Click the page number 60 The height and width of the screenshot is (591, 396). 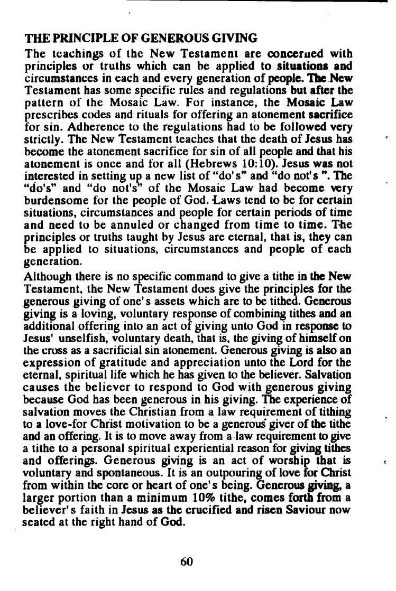pyautogui.click(x=187, y=561)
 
